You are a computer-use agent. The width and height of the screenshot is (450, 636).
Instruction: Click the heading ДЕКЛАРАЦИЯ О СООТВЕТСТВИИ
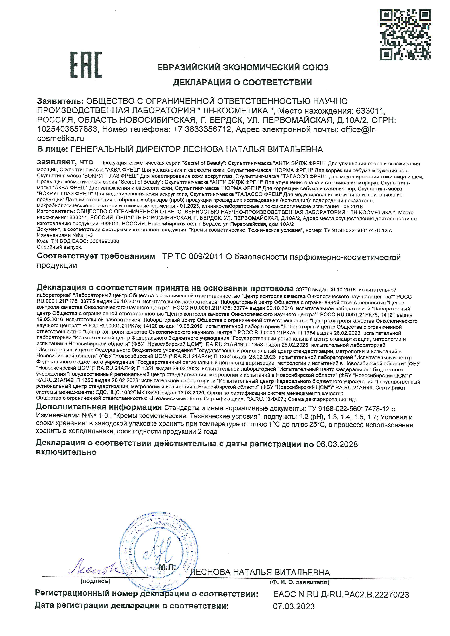pos(242,82)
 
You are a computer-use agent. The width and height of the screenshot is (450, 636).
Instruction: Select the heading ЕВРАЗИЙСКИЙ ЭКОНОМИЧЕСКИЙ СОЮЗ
pos(243,67)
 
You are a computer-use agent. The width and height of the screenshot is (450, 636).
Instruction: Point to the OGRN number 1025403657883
pos(67,129)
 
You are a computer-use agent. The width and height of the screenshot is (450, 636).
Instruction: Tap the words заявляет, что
pos(65,162)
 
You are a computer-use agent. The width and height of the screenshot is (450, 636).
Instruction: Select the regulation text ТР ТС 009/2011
pos(193,257)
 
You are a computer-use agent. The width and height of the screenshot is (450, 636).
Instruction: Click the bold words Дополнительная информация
pos(99,407)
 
